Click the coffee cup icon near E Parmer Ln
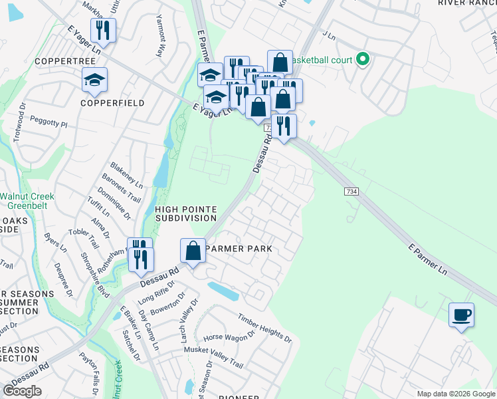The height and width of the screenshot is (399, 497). pos(461,315)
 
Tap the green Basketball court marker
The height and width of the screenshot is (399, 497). pos(362,60)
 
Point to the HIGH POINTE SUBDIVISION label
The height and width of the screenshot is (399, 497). pos(185,213)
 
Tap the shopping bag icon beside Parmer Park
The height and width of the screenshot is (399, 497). pos(193,251)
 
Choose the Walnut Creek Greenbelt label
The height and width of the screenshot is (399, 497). pos(27,201)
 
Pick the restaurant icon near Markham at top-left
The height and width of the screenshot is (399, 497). pos(103,30)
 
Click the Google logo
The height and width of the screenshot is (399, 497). pos(23,391)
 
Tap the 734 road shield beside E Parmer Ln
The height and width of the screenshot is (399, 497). pos(352,192)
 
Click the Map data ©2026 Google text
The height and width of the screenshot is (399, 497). pos(455,394)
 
